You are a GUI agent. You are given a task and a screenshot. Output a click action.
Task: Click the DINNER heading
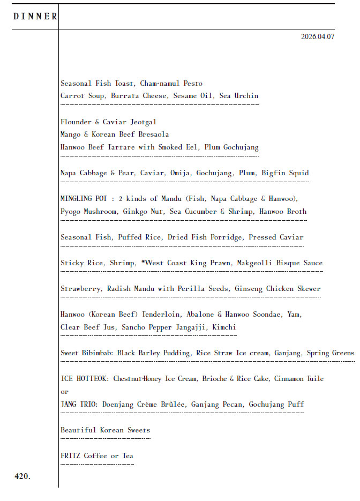[35, 17]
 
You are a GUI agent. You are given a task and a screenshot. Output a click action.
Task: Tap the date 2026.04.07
[318, 37]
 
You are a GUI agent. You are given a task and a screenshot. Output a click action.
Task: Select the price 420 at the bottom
[22, 476]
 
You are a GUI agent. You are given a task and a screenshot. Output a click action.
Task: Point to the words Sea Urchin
[239, 96]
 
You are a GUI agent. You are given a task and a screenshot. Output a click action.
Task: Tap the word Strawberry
[80, 289]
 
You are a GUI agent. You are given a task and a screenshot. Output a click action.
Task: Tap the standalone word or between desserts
[64, 392]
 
